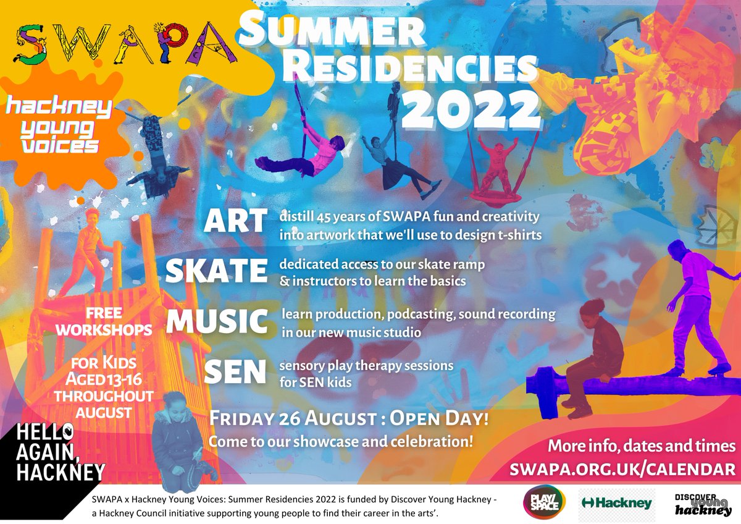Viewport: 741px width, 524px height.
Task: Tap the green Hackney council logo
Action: point(616,503)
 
